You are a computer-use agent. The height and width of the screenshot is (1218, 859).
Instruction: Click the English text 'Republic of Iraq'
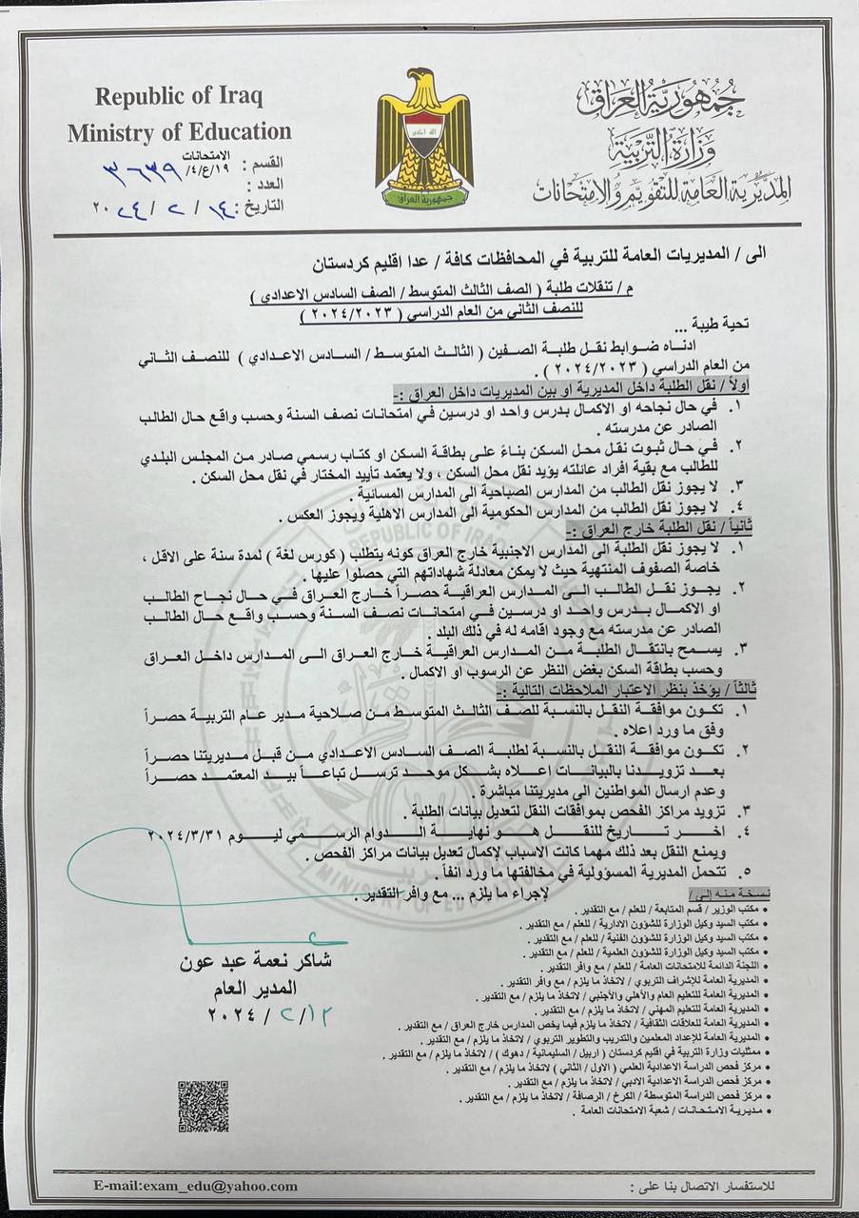click(179, 96)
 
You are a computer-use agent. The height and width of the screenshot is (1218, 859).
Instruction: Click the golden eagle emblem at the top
click(424, 139)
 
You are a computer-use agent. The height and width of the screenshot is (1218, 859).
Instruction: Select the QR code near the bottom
click(203, 1106)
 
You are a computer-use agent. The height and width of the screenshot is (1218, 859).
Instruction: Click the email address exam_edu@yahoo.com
click(195, 1186)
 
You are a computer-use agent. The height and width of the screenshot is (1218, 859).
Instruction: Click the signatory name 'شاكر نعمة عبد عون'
click(257, 961)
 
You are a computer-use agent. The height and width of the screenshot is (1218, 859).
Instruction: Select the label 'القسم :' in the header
click(262, 163)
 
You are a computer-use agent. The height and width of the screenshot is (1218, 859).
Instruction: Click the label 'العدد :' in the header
click(262, 183)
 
